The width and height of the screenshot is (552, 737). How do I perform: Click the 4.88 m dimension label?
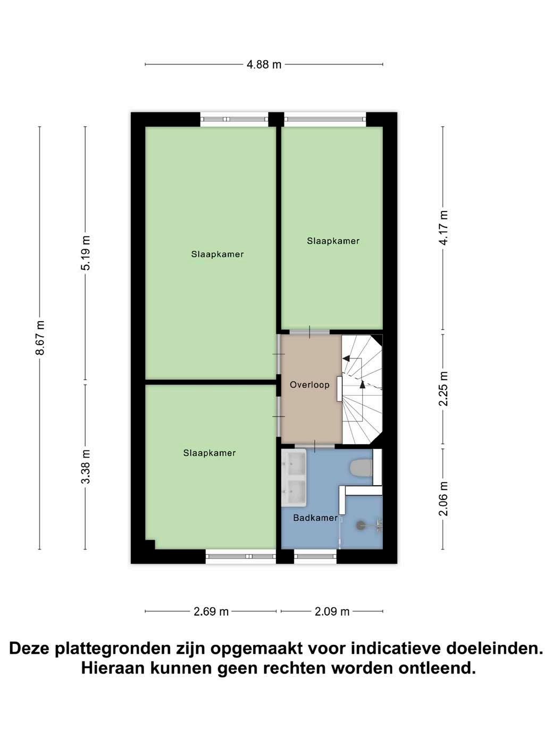tap(264, 64)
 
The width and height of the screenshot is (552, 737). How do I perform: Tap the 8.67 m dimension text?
tap(40, 338)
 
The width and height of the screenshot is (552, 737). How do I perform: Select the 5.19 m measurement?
tap(85, 253)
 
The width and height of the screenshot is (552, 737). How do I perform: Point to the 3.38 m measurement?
tap(85, 466)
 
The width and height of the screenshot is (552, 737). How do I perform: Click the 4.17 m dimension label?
tap(443, 227)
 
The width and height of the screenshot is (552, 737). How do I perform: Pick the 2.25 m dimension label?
tap(443, 389)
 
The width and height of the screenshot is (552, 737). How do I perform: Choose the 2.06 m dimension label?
tap(443, 498)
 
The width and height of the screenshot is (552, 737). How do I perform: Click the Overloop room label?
tap(310, 385)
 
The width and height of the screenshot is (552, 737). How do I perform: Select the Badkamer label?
tap(315, 518)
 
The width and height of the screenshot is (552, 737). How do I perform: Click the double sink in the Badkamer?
tap(294, 478)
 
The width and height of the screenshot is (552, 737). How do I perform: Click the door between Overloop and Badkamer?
tap(314, 446)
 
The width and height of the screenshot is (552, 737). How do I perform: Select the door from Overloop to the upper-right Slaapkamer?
tap(310, 332)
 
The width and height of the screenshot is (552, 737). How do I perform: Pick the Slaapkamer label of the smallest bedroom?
tap(333, 241)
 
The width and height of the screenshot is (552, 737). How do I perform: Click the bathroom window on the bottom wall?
tap(315, 556)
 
